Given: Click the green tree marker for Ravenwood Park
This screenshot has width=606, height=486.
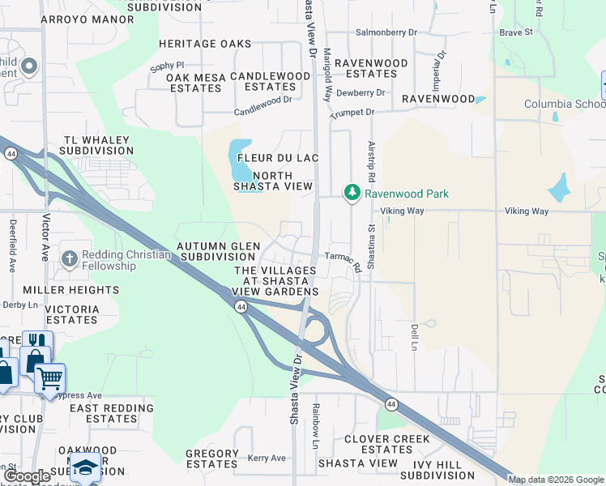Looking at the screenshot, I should tap(352, 193).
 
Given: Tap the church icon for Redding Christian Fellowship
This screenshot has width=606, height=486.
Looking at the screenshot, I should tap(70, 259).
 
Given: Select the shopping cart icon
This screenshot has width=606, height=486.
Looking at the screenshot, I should tap(49, 377).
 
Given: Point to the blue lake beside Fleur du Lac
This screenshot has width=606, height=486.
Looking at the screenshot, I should tap(241, 161).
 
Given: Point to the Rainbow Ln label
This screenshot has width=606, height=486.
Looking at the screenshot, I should tap(316, 426).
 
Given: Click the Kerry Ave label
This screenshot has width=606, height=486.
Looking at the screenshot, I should tap(267, 458).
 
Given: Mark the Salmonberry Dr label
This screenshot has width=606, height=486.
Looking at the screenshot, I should tap(386, 32).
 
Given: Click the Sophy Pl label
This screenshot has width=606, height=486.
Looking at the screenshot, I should tap(167, 69).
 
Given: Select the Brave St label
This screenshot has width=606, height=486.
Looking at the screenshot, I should tap(516, 32).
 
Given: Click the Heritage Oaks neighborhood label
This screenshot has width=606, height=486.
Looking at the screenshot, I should tap(205, 43).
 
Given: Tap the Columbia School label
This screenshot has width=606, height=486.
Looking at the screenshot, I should tap(564, 104).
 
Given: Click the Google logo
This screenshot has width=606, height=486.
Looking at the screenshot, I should tap(28, 476).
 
